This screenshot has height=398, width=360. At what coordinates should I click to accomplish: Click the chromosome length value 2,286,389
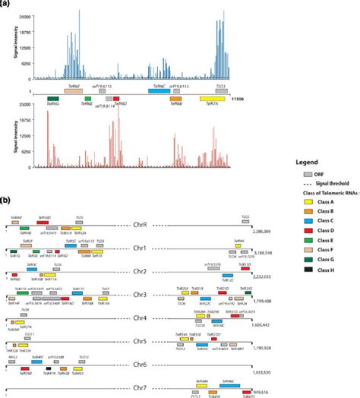pos(262,229)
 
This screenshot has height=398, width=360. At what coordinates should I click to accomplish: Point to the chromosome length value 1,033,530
pos(262,373)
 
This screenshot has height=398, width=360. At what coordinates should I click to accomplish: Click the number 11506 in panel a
pos(259,99)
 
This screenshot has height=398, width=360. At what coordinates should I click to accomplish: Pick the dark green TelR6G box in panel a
pos(53,99)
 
